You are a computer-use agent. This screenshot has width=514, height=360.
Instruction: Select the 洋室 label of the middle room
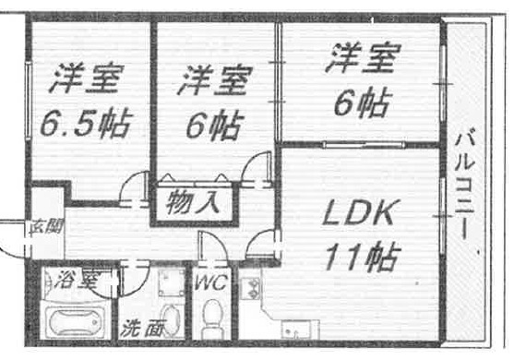pyautogui.click(x=213, y=80)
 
